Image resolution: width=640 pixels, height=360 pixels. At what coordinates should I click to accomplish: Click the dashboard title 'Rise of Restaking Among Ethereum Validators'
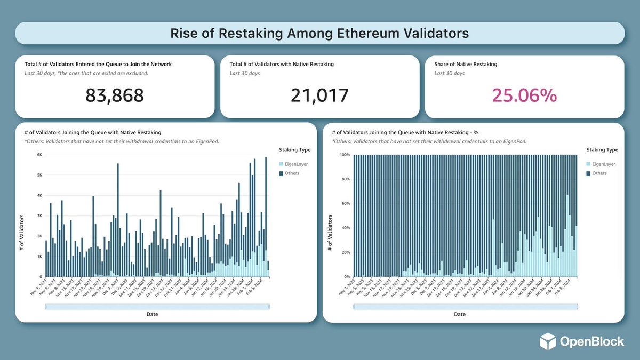[x=319, y=33]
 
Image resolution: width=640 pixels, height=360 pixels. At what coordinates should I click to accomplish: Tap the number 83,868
[x=115, y=95]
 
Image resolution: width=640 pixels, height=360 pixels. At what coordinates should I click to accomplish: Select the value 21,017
[x=319, y=95]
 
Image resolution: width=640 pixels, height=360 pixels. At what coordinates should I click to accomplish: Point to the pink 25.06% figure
[x=524, y=95]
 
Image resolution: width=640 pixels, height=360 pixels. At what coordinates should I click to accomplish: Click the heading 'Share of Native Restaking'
[x=466, y=64]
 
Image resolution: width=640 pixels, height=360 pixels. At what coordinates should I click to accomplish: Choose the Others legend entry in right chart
[x=600, y=173]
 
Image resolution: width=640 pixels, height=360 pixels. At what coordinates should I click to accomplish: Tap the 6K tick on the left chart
[x=39, y=155]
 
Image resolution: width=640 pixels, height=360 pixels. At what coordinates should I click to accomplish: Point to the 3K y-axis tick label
[x=39, y=215]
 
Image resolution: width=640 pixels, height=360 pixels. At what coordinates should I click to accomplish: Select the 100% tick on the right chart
[x=344, y=155]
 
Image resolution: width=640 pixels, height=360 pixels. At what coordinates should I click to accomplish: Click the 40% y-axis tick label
[x=345, y=228]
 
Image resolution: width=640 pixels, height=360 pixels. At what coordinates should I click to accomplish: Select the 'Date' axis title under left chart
[x=152, y=314]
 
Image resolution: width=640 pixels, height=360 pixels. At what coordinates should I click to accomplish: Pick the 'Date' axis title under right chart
[x=460, y=314]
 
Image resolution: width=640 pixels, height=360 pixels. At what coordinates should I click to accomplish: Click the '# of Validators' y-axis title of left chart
[x=22, y=232]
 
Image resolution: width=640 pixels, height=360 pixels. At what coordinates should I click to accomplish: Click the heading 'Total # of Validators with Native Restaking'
[x=282, y=64]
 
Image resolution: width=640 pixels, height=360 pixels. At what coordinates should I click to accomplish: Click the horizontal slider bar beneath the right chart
[x=465, y=307]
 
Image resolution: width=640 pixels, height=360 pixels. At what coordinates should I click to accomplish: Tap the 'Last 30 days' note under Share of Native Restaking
[x=449, y=73]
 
